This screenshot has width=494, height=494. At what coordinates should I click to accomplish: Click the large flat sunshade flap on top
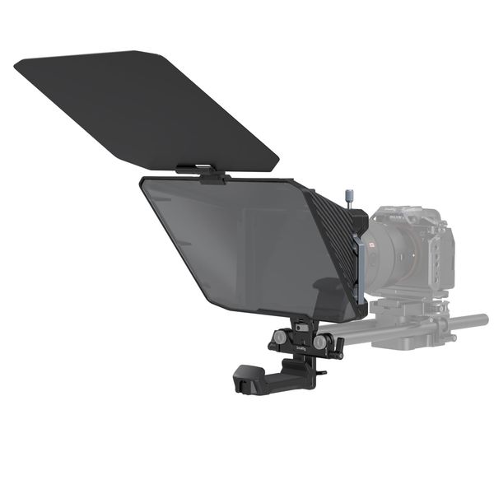[x=148, y=107]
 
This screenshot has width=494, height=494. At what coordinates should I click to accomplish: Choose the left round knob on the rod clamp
[x=282, y=338]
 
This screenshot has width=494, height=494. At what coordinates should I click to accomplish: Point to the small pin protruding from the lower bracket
[x=320, y=372]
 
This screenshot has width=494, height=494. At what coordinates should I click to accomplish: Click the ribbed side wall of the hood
[x=333, y=247]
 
